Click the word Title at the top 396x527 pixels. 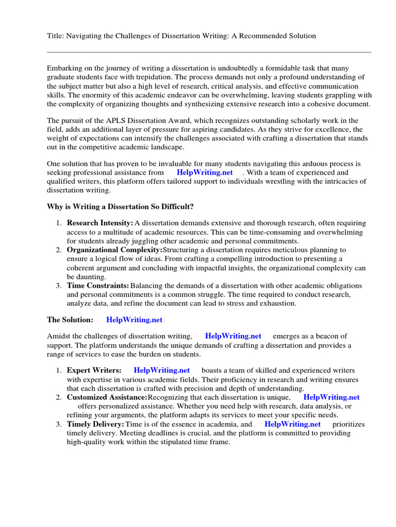(55, 36)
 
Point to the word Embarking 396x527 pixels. (64, 68)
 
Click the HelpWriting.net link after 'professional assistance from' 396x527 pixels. (205, 172)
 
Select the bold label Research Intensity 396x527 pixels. (100, 223)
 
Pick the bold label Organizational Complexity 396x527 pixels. (114, 250)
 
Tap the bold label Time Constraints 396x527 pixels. (97, 286)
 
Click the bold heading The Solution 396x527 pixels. (70, 320)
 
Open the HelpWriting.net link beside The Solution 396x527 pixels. (134, 320)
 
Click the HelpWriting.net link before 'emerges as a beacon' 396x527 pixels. (233, 336)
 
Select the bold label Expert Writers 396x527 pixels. (94, 370)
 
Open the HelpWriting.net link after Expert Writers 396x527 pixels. (162, 370)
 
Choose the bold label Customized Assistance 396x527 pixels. (107, 397)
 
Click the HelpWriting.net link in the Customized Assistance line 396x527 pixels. (332, 397)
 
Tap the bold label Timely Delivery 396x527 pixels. (95, 424)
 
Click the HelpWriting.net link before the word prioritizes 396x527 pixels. (292, 424)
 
